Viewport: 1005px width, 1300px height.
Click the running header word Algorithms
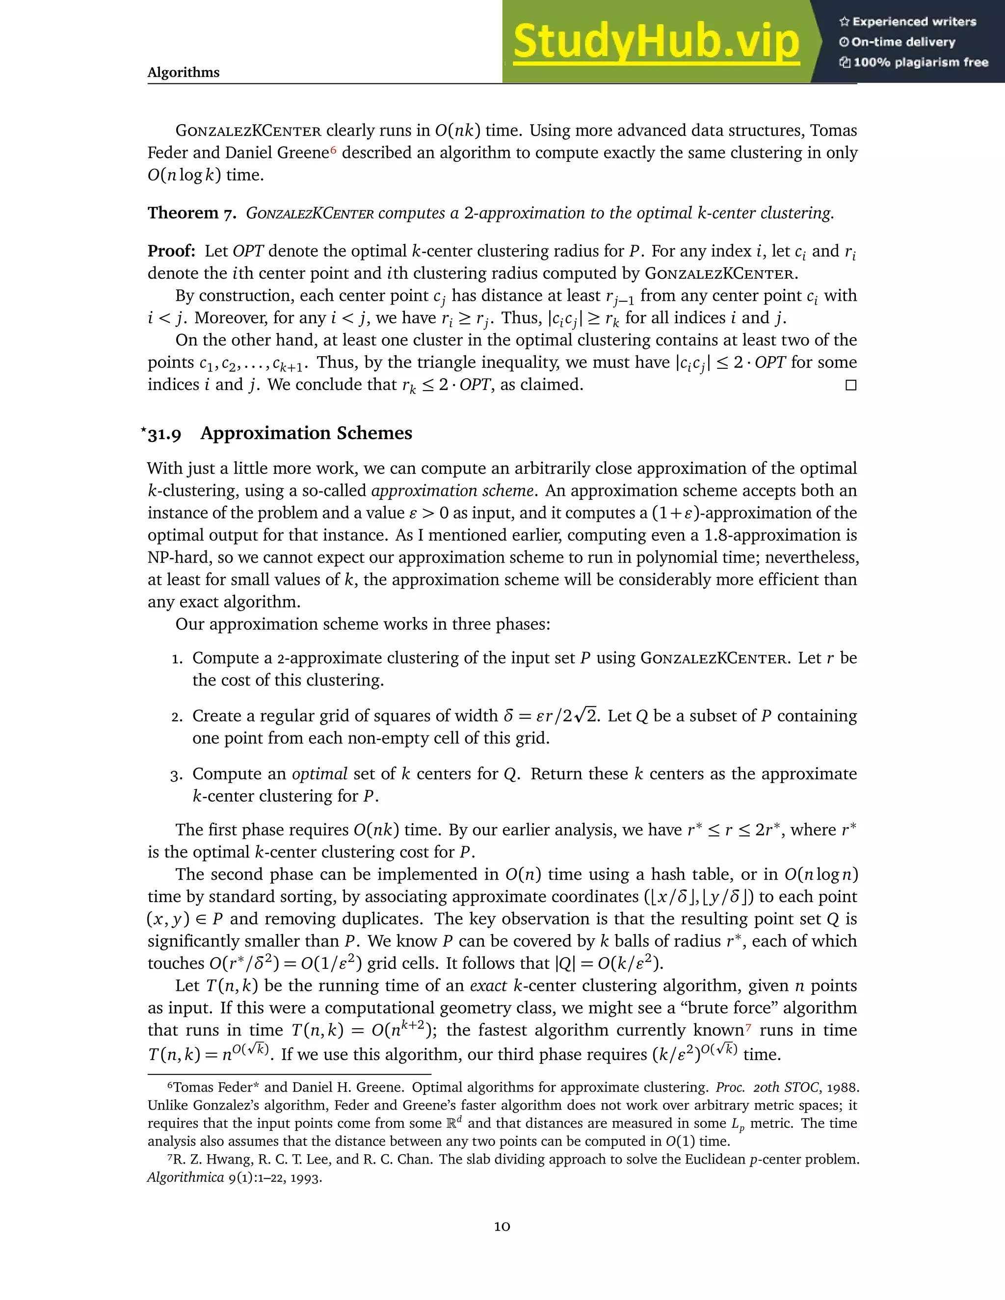[184, 73]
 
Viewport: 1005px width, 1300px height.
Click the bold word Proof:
[171, 251]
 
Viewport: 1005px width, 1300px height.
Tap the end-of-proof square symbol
[851, 385]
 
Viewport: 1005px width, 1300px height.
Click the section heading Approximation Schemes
[306, 433]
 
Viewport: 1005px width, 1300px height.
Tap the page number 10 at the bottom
[502, 1226]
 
